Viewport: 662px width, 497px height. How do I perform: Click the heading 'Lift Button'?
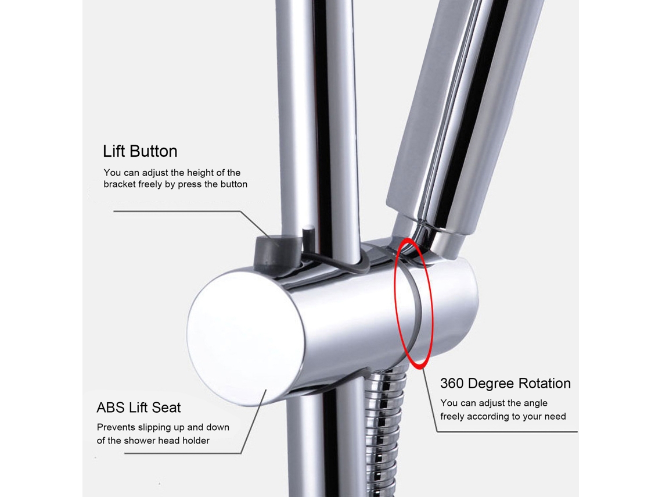(x=140, y=151)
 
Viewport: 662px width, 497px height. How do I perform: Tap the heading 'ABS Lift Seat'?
(x=138, y=407)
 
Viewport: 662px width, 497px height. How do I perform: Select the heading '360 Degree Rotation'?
(x=505, y=383)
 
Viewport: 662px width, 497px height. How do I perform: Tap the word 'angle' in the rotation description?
(x=535, y=403)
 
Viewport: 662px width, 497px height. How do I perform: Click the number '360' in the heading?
(x=452, y=383)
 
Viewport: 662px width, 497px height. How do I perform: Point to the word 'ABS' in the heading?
(x=110, y=407)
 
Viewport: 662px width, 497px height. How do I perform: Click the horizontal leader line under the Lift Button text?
(x=177, y=211)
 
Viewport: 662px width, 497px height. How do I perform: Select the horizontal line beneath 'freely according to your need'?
(x=506, y=431)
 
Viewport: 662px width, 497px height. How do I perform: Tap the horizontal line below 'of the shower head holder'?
(x=182, y=453)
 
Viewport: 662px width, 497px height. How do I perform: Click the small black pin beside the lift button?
(x=308, y=239)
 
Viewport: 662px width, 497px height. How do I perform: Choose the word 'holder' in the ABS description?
(x=196, y=441)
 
